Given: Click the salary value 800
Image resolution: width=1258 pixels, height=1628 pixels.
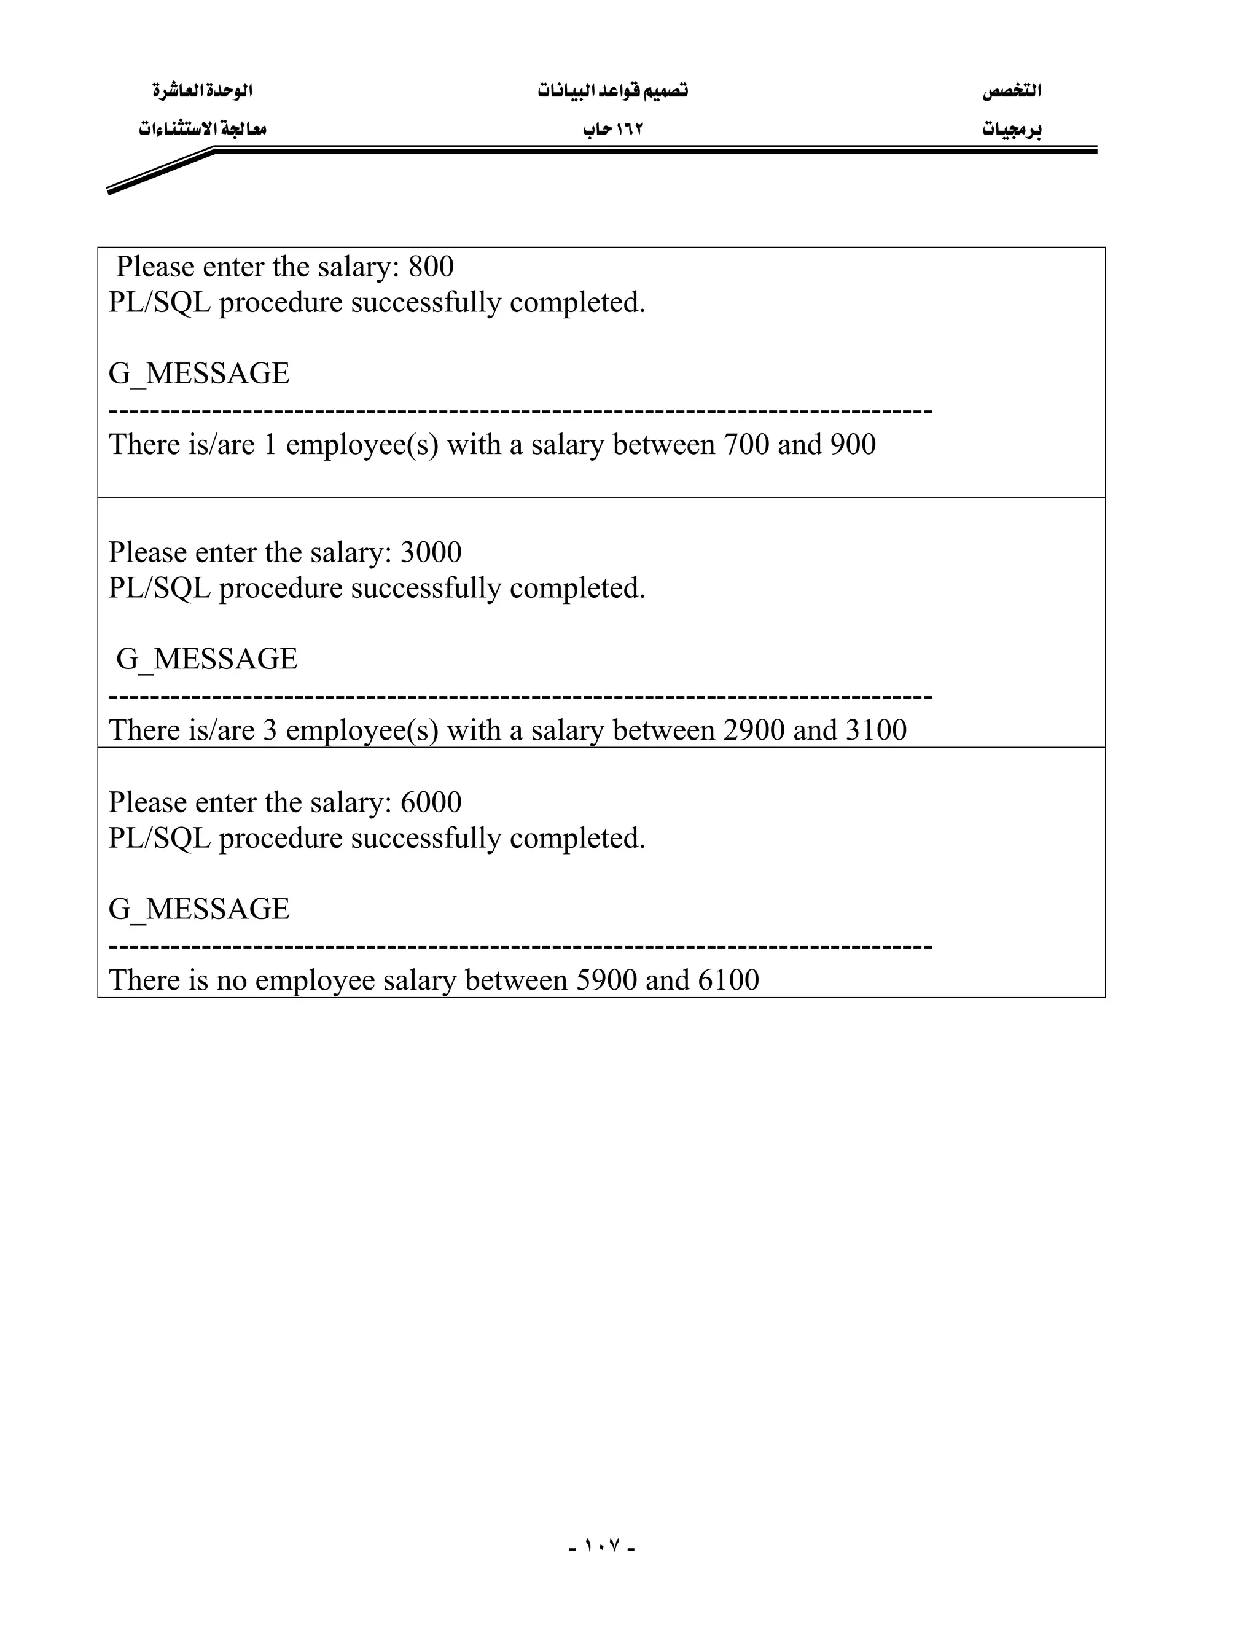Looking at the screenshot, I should pyautogui.click(x=431, y=267).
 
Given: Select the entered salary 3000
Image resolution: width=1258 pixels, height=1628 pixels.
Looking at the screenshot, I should pyautogui.click(x=431, y=552).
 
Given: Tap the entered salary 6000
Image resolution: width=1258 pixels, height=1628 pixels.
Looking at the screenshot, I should pyautogui.click(x=431, y=802).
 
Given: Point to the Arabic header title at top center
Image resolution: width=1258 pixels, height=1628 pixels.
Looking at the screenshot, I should pyautogui.click(x=612, y=91).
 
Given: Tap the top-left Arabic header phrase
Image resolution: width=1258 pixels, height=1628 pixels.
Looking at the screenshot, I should pyautogui.click(x=203, y=91).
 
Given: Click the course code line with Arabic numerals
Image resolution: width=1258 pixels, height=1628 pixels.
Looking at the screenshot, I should pyautogui.click(x=612, y=130).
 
